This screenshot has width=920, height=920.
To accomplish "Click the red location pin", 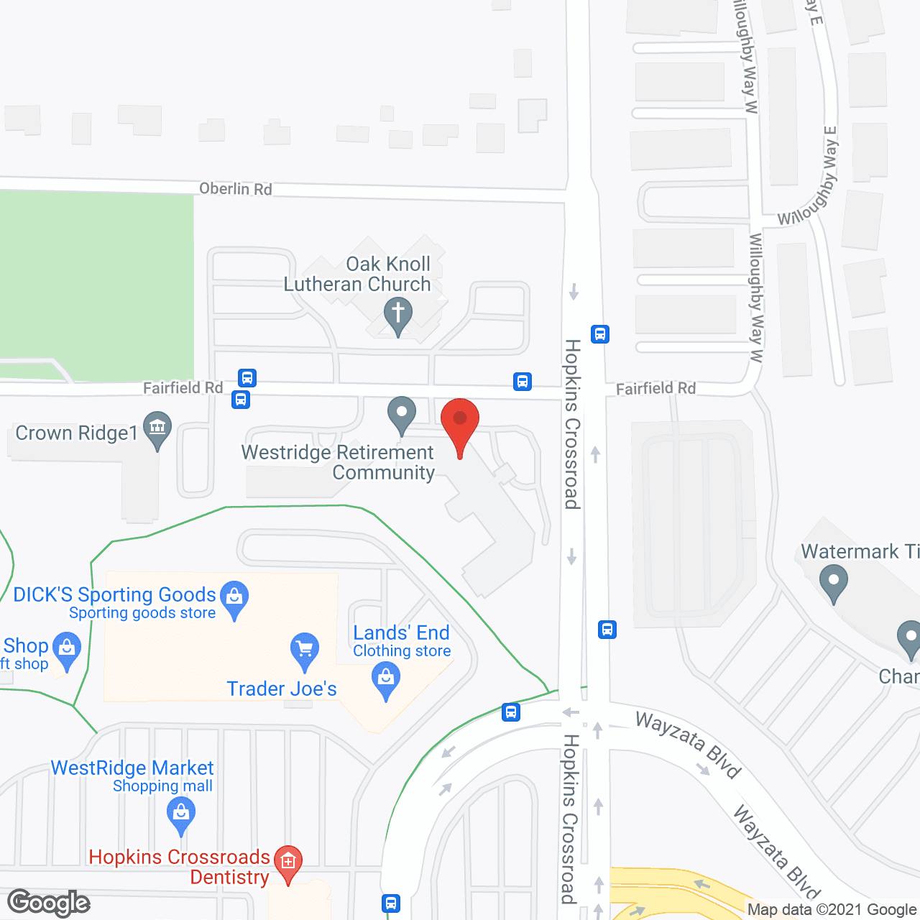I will point(460,420).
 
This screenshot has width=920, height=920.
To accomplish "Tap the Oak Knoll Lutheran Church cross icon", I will point(397,315).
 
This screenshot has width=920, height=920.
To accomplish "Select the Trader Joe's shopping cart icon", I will point(305,649).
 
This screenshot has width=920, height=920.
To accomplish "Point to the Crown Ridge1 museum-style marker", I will point(157,428).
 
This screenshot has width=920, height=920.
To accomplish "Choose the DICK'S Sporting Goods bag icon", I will point(234,597).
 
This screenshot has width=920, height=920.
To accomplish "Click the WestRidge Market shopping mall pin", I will point(181,814).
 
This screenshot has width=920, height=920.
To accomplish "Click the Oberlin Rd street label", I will point(235,189).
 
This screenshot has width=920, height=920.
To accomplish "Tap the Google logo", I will point(49,903).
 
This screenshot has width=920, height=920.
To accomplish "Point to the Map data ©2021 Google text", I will point(832,910).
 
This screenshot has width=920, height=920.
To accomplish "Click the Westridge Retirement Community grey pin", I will point(402,414).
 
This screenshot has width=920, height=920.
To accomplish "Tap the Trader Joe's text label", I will point(282,689).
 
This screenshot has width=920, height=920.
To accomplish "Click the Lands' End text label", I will point(401,632).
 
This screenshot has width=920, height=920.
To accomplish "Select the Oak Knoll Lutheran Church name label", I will point(358,274).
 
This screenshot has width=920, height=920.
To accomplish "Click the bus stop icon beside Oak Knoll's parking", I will point(523,382).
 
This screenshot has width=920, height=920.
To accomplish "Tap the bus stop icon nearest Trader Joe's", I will point(511,712).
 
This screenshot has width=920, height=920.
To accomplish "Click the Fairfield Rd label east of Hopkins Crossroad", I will point(655,389).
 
